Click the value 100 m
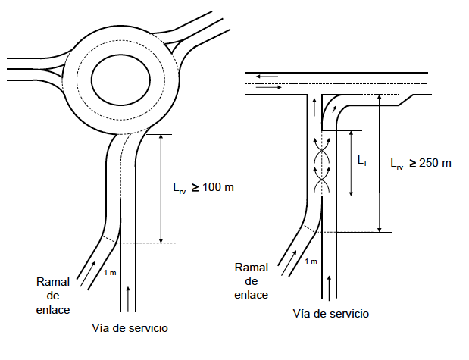[217, 186]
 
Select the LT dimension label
[363, 161]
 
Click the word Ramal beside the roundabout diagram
[53, 282]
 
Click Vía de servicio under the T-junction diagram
[331, 314]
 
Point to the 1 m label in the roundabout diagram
[110, 272]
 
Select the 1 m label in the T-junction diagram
[310, 261]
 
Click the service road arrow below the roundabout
[127, 294]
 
